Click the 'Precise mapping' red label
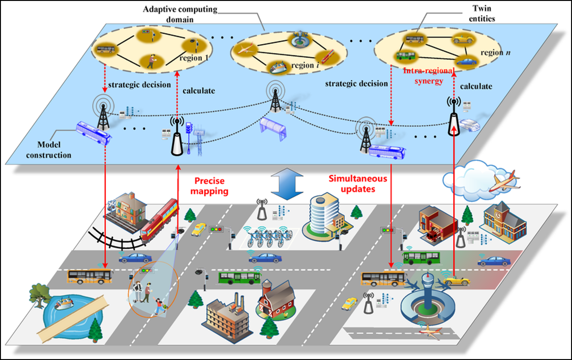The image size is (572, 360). (x=209, y=186)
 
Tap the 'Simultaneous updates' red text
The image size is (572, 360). (x=358, y=184)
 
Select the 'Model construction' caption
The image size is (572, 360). (x=49, y=150)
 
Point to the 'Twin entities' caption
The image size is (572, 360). (x=482, y=14)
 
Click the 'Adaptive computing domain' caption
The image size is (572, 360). (x=180, y=14)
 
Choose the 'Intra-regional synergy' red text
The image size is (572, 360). (x=429, y=76)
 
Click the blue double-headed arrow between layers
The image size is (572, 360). (x=287, y=184)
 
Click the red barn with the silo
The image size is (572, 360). (x=276, y=299)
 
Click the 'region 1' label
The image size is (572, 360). (x=193, y=58)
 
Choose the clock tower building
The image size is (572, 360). (x=504, y=222)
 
